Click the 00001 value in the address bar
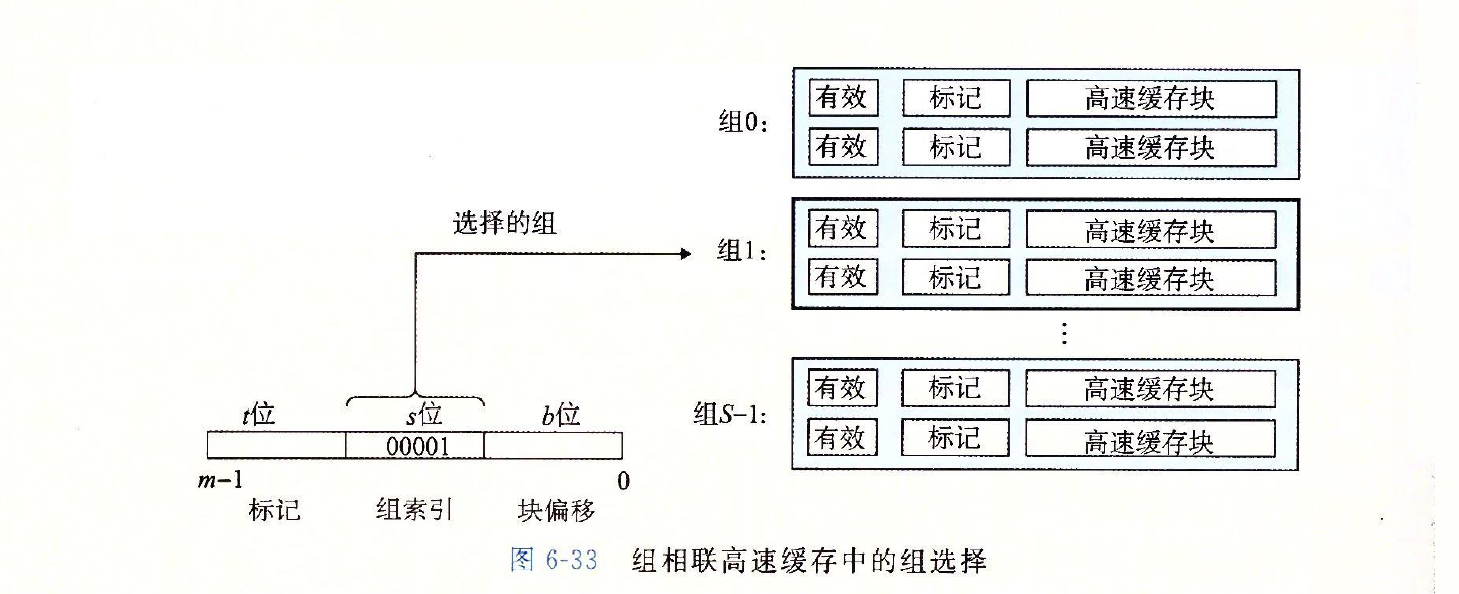pyautogui.click(x=415, y=446)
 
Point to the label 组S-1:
pyautogui.click(x=730, y=413)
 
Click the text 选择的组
pyautogui.click(x=504, y=223)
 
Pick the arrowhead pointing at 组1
pyautogui.click(x=685, y=254)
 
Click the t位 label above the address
pyautogui.click(x=258, y=414)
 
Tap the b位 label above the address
pyautogui.click(x=561, y=414)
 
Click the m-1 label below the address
pyautogui.click(x=221, y=481)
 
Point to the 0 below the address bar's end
pyautogui.click(x=623, y=481)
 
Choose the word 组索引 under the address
pyautogui.click(x=415, y=510)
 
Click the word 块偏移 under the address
pyautogui.click(x=556, y=510)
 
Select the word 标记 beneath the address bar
pyautogui.click(x=274, y=510)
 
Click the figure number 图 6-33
pyautogui.click(x=553, y=560)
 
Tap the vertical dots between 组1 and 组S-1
pyautogui.click(x=1064, y=333)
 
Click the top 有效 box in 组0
pyautogui.click(x=842, y=98)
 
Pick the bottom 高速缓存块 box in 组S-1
pyautogui.click(x=1150, y=439)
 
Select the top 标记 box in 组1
pyautogui.click(x=955, y=229)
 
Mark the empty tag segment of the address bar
pyautogui.click(x=276, y=445)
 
